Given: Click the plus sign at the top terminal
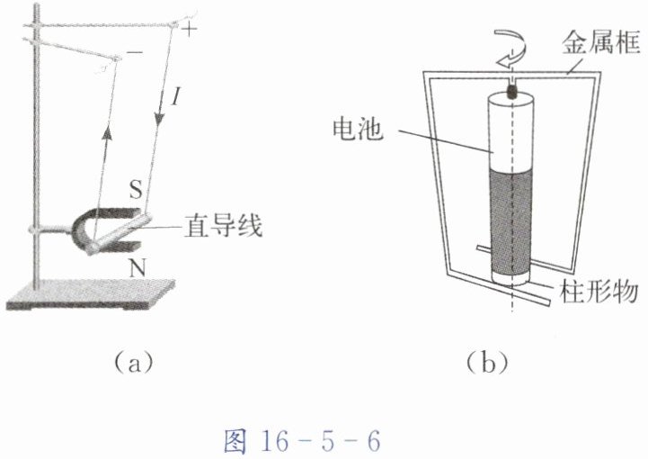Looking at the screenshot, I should click(189, 30).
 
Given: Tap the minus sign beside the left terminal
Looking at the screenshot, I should click(134, 54).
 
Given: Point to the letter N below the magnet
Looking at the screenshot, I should click(136, 268).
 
